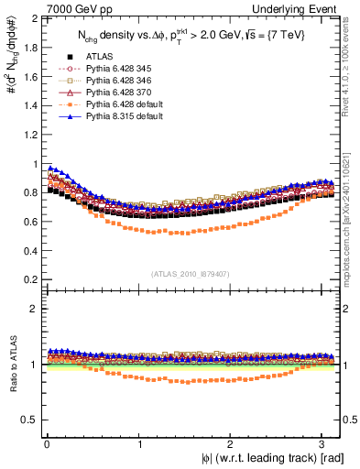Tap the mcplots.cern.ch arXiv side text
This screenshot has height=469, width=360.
(352, 202)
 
